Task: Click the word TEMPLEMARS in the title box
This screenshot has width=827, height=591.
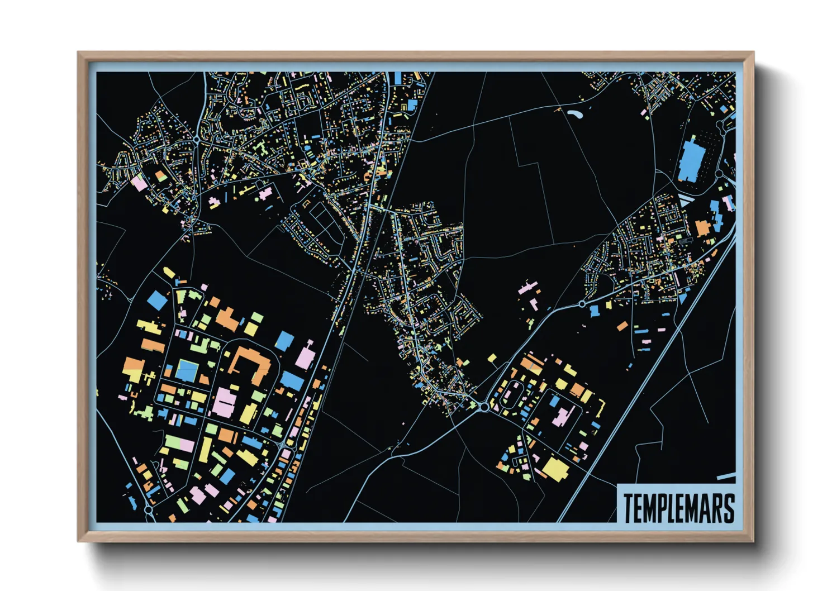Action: [x=678, y=508]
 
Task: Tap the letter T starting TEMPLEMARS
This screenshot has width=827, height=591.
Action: [x=629, y=508]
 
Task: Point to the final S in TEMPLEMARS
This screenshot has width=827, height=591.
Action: [x=728, y=508]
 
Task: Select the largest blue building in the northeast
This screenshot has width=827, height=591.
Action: [x=691, y=160]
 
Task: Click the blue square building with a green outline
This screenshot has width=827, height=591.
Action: [x=187, y=370]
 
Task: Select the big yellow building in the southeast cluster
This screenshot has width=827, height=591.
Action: [x=555, y=469]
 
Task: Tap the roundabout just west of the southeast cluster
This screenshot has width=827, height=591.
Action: [x=483, y=407]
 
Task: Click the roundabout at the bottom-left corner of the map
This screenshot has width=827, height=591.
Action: [x=148, y=509]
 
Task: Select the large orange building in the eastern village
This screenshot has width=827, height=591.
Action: [x=702, y=228]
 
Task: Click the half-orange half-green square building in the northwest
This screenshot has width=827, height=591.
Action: [x=161, y=177]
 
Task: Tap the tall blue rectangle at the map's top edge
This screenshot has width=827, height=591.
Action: [x=397, y=78]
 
